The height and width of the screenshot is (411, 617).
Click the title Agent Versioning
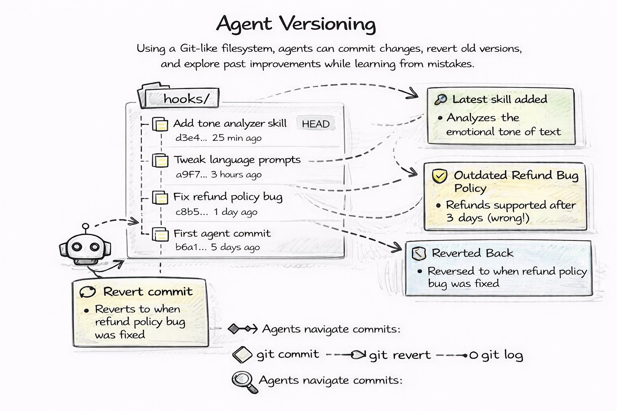296,24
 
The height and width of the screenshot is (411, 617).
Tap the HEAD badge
315,124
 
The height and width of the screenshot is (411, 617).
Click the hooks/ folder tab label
186,99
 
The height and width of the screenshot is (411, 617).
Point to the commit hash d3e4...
191,138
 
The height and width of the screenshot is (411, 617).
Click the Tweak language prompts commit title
237,160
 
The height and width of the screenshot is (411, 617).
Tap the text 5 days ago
235,247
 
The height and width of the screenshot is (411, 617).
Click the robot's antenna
85,228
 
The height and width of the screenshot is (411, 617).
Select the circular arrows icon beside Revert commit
87,292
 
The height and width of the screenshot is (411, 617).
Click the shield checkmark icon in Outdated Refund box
439,176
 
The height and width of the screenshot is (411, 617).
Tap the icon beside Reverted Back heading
419,254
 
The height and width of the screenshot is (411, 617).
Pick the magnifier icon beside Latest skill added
441,100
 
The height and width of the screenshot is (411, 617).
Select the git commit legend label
288,354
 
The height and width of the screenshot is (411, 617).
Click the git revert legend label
400,355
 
